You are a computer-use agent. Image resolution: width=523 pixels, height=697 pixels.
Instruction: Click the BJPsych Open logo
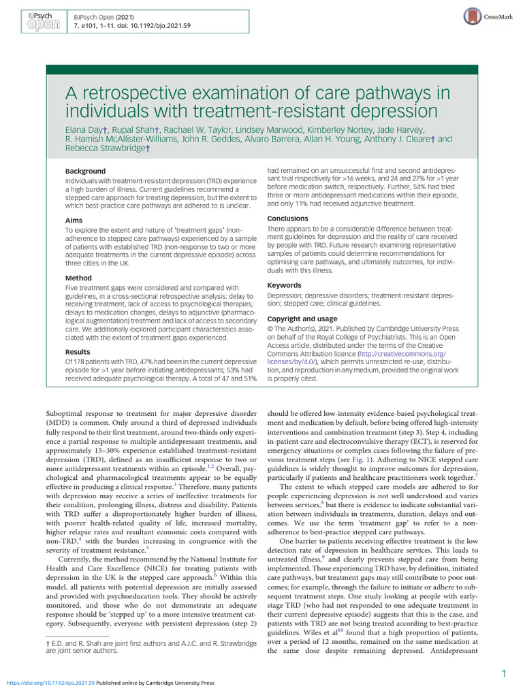[33, 20]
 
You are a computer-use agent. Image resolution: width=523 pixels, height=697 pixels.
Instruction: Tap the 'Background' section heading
[85, 171]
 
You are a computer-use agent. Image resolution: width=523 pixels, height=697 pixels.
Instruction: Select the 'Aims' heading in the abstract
[74, 221]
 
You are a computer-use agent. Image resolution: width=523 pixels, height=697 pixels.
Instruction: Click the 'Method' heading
[78, 278]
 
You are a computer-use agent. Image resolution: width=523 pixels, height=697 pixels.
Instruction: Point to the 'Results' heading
[78, 352]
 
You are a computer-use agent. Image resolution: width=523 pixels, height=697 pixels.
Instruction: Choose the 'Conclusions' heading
[287, 218]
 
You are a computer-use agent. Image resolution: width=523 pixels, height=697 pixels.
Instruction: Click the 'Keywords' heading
[284, 285]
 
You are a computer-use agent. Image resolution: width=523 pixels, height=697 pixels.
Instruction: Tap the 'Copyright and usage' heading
[302, 319]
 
